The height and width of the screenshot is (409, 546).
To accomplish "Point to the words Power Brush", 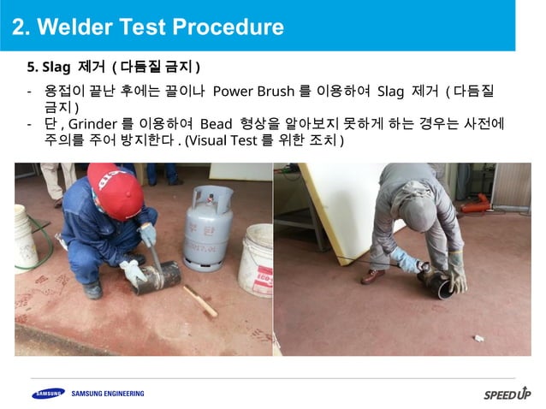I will click(x=253, y=92).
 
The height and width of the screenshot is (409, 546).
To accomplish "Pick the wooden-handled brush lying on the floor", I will click(x=199, y=300).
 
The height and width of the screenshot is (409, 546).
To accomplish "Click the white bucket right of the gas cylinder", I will click(x=256, y=261).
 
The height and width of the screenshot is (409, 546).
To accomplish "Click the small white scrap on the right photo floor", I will click(x=478, y=338).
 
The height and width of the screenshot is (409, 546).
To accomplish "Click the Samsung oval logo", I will click(x=48, y=394).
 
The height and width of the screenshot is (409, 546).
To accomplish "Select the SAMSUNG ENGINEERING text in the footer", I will click(x=108, y=394).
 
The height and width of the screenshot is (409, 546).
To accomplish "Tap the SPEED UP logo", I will click(x=507, y=394).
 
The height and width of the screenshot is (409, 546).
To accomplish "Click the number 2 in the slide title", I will click(x=18, y=27).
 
